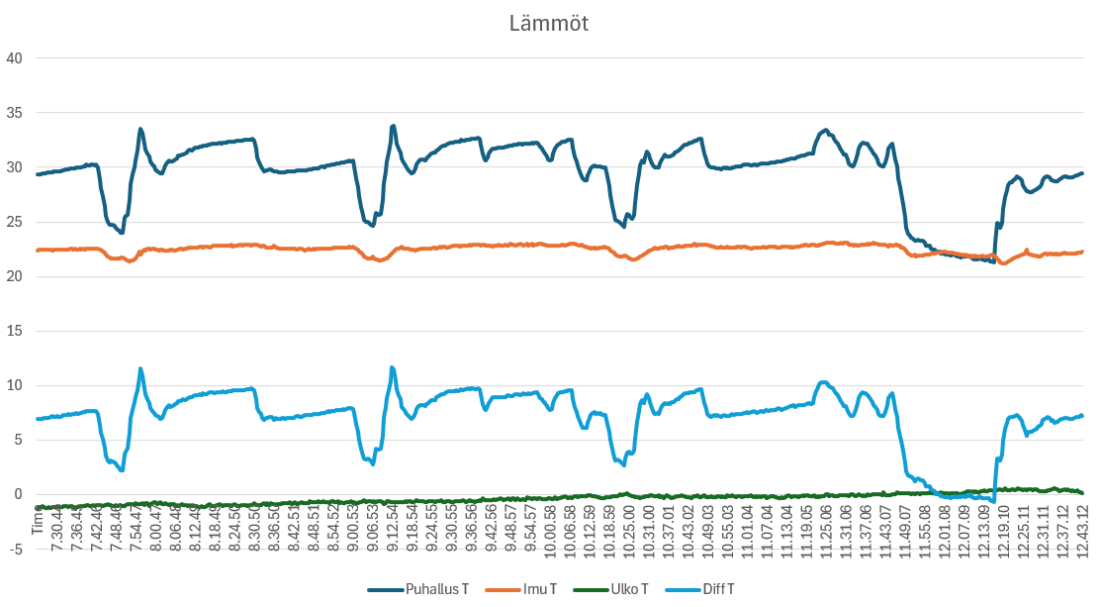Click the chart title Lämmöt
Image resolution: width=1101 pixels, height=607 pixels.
click(x=549, y=24)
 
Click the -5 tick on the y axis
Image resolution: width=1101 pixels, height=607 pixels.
click(x=14, y=550)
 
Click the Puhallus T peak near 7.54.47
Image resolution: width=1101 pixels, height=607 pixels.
click(x=140, y=129)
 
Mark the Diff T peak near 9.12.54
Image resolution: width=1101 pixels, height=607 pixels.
click(x=393, y=367)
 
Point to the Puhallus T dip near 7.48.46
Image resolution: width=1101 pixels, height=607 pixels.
click(x=121, y=233)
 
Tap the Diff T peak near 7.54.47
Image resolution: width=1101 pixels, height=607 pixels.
click(x=140, y=368)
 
